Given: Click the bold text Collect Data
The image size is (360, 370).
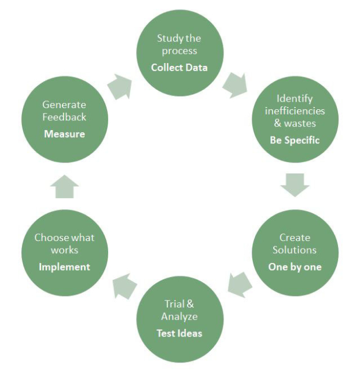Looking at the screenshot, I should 179,68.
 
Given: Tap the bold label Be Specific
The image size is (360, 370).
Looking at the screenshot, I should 295,140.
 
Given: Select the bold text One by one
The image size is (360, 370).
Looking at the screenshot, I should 295,267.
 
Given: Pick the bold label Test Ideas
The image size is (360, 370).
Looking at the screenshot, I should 179,334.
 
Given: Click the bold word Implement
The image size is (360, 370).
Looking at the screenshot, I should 64,267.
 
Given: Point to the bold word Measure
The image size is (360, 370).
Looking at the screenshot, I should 64,134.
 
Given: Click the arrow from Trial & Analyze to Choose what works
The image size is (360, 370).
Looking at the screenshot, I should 124,285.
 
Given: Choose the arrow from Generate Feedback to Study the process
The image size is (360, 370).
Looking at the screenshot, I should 119,86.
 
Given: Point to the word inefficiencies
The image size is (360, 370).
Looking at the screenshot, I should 295,111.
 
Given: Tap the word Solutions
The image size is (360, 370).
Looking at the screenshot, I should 295,250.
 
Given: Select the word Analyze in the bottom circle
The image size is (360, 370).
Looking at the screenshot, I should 179,317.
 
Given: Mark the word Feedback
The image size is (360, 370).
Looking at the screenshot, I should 64,117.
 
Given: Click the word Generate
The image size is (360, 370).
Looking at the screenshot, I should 64,105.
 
